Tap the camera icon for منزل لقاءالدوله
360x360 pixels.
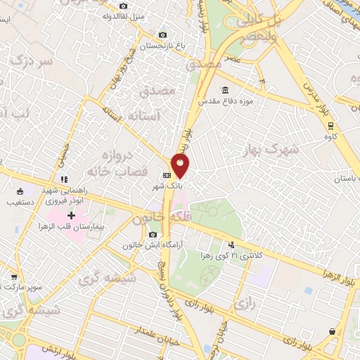click(124, 6)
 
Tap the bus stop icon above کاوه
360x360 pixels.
click(331, 126)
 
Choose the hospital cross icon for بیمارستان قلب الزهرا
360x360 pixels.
click(72, 214)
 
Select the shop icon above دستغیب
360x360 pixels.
click(20, 191)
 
